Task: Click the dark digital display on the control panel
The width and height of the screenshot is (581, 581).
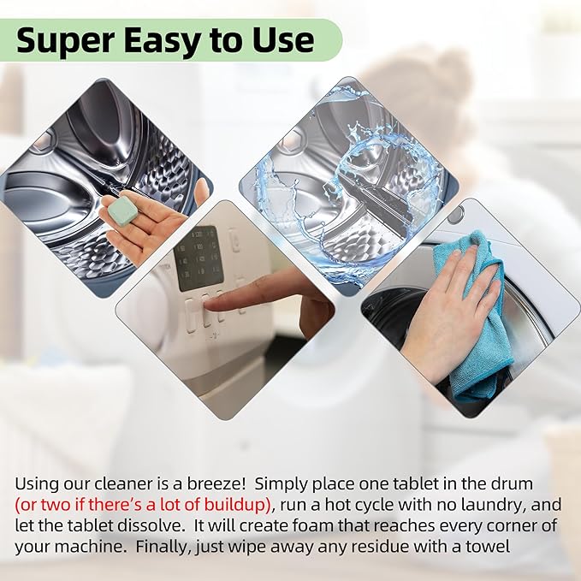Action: (x=199, y=258)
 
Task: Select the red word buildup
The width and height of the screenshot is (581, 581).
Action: (x=234, y=502)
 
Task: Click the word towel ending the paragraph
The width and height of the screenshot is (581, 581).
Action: (x=490, y=542)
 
